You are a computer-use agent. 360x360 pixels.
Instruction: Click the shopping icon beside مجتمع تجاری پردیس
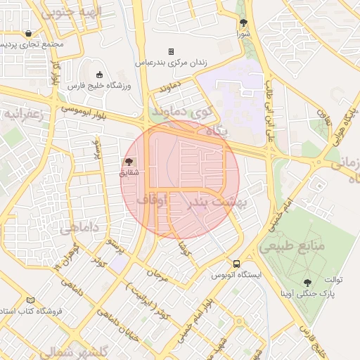[x=27, y=33]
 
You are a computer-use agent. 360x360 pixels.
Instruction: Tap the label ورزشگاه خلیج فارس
[x=99, y=85]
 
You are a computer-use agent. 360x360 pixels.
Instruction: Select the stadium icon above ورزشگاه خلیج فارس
[x=99, y=75]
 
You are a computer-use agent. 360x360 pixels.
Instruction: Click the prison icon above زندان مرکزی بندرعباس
[x=171, y=52]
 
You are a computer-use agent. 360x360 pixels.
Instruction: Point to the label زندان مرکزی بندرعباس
[x=171, y=63]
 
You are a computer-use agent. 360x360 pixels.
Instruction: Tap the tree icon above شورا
[x=243, y=22]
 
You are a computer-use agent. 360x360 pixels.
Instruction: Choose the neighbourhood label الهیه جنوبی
[x=70, y=12]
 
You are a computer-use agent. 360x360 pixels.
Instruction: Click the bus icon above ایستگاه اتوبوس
[x=238, y=265]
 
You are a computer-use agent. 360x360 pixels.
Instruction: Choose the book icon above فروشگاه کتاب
[x=30, y=300]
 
